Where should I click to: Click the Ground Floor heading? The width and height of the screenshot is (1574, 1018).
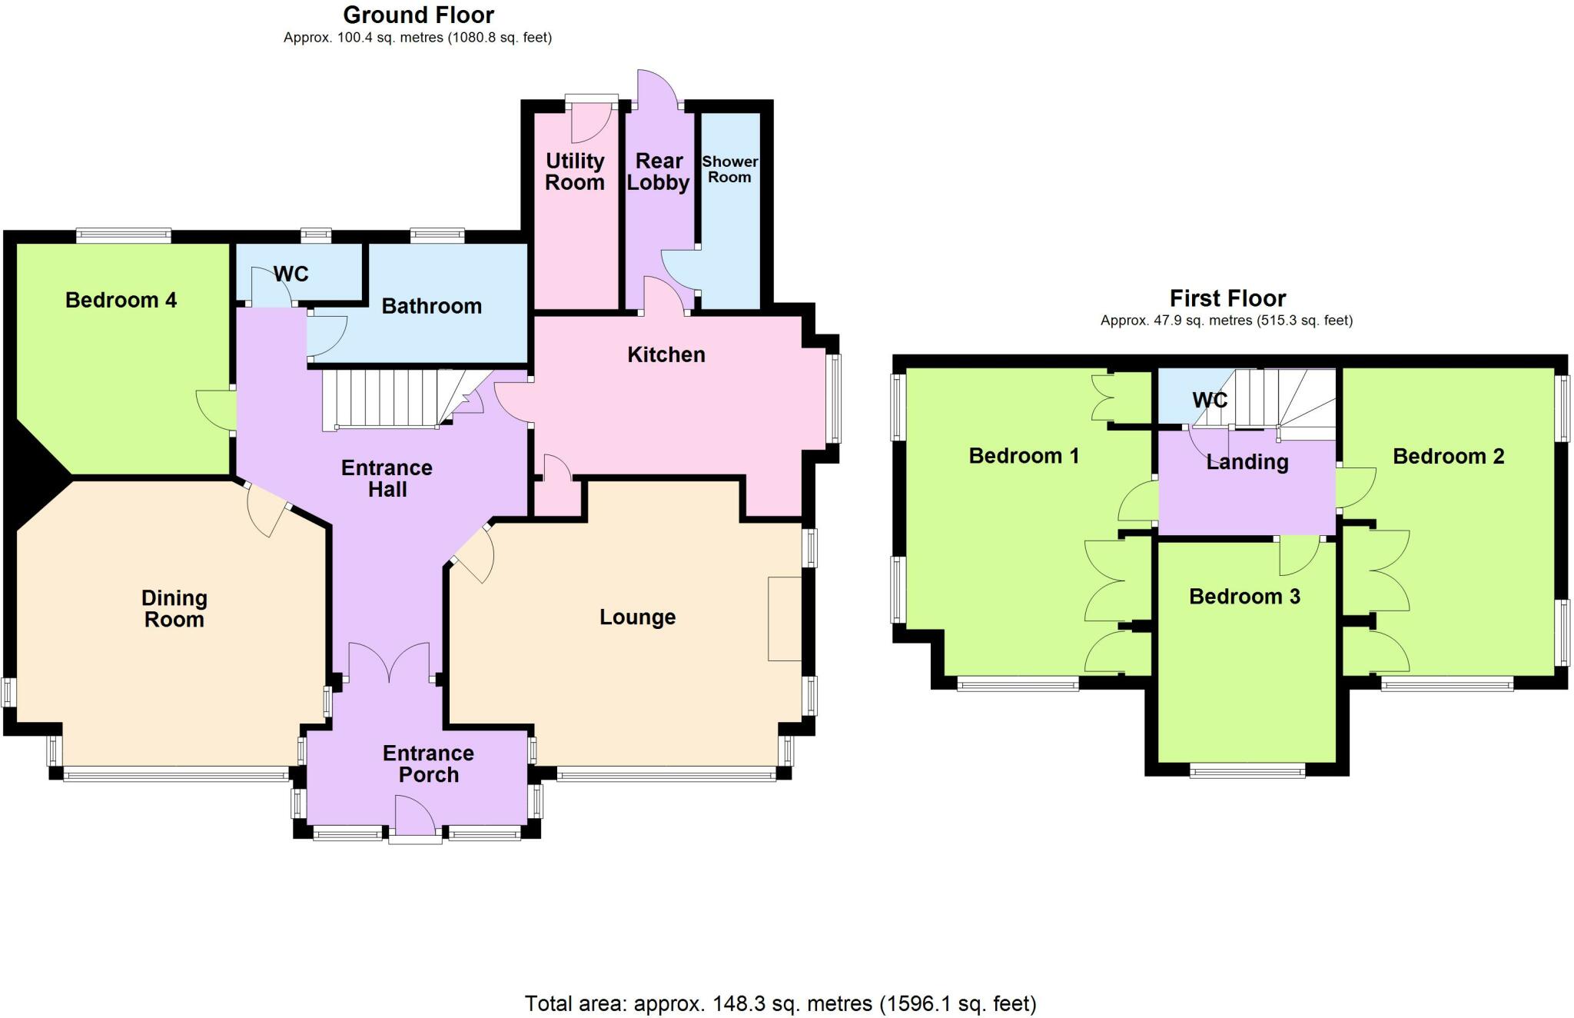(418, 15)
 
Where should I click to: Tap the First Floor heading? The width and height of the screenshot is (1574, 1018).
(1227, 298)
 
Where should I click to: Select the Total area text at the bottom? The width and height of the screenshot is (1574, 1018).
(780, 1003)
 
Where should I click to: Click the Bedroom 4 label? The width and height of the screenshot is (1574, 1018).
(121, 300)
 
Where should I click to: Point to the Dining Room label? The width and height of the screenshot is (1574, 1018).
(174, 609)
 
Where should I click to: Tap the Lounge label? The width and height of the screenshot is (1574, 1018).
(637, 617)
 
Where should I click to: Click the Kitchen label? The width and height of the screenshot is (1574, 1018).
(666, 354)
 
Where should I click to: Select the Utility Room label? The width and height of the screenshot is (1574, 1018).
(575, 171)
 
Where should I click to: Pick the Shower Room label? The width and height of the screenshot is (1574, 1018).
(729, 169)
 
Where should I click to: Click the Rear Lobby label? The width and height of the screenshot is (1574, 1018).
(659, 171)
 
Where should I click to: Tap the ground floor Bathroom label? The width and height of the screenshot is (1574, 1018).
(431, 306)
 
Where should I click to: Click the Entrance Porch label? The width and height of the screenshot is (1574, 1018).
(428, 763)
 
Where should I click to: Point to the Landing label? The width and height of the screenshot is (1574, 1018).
(1247, 462)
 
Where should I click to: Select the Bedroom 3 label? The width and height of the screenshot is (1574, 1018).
(1244, 597)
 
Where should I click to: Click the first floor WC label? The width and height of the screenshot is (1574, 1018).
(1209, 400)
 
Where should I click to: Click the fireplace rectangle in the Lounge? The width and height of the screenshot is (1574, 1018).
(784, 618)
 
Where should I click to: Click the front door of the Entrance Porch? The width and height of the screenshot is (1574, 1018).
(415, 818)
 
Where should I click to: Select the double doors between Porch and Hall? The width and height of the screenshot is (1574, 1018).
(389, 664)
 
